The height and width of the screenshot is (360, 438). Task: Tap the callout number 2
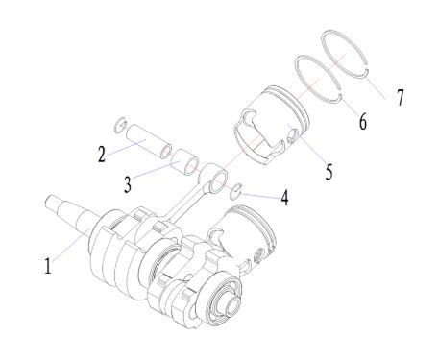[102, 155]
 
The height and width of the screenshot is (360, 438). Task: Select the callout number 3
[128, 184]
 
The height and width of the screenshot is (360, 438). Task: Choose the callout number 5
[329, 172]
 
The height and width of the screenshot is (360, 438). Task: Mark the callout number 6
[362, 122]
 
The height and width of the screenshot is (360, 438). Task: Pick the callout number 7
[401, 97]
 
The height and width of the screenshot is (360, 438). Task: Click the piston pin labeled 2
[149, 142]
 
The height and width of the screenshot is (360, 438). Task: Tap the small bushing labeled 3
[187, 162]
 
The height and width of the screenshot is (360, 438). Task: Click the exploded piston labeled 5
[272, 125]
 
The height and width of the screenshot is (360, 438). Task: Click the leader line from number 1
[70, 246]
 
